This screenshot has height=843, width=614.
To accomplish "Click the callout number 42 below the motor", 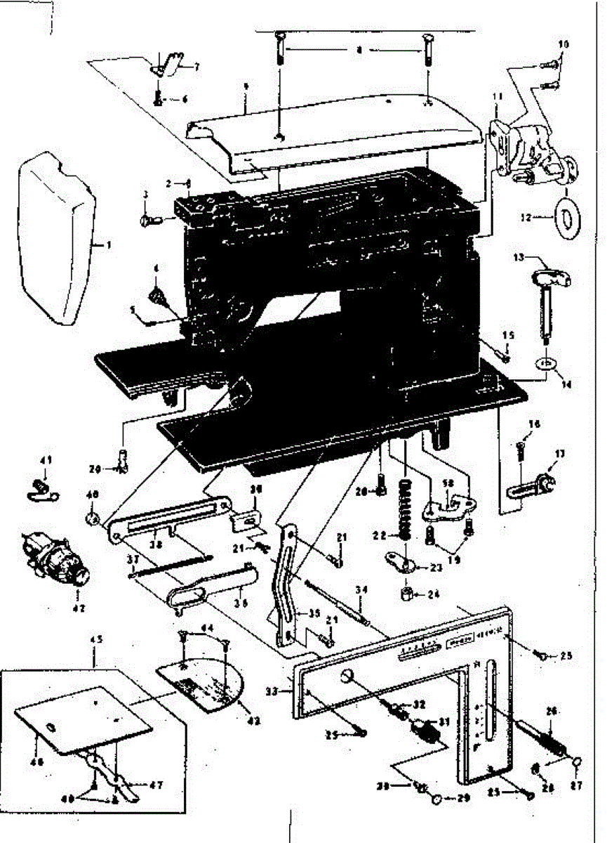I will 79,608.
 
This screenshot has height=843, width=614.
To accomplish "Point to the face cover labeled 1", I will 56,239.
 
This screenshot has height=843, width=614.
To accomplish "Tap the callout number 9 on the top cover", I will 246,87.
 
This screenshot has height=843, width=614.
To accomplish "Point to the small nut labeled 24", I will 406,594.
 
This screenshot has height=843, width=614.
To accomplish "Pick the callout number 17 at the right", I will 559,455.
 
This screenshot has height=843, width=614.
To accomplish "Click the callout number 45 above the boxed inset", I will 95,639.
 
